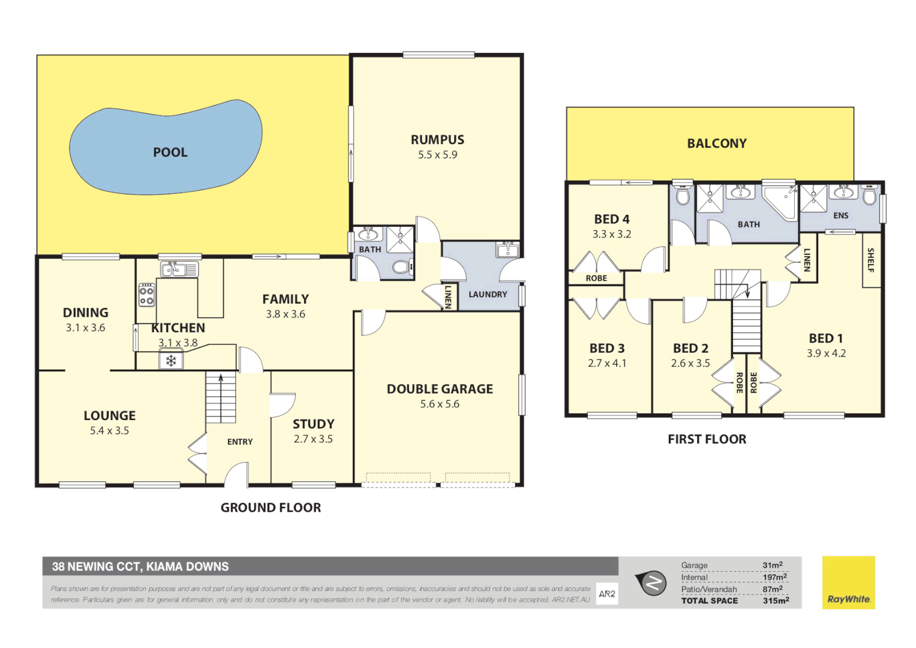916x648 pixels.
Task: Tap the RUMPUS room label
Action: (437, 140)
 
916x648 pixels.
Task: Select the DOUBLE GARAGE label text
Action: (440, 389)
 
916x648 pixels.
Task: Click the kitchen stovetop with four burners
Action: (147, 295)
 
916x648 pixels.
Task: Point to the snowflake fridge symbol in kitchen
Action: (171, 360)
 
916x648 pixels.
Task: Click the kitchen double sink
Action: (179, 269)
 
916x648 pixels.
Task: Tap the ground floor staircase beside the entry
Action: (221, 397)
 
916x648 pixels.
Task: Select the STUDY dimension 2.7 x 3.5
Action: (313, 439)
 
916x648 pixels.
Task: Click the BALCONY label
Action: (717, 143)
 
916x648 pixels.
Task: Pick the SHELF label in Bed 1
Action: (871, 260)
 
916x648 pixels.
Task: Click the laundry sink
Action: (507, 250)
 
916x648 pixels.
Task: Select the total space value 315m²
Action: (776, 601)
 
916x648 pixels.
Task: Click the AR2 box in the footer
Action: (607, 594)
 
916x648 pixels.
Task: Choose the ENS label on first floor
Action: (841, 215)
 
